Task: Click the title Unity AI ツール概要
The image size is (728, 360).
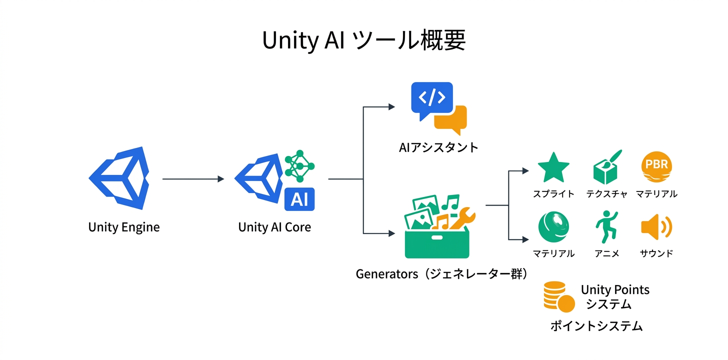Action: tap(363, 41)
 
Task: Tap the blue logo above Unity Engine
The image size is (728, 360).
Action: tap(120, 178)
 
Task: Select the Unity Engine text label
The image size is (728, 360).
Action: tap(124, 227)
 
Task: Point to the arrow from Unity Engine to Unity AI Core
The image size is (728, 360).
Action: tap(193, 179)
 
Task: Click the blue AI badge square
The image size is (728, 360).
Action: tap(299, 199)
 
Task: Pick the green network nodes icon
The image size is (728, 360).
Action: tap(299, 165)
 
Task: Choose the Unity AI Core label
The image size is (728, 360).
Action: tap(274, 227)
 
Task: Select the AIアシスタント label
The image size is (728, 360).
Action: tap(438, 147)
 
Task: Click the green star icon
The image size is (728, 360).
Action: tap(553, 168)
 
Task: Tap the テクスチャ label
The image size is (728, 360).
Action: tap(606, 194)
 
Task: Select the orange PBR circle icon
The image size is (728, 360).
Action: tap(656, 168)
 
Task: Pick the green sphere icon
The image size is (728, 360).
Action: tap(553, 226)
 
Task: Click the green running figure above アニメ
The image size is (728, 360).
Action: tap(606, 226)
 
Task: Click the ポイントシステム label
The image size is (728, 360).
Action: tap(596, 326)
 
